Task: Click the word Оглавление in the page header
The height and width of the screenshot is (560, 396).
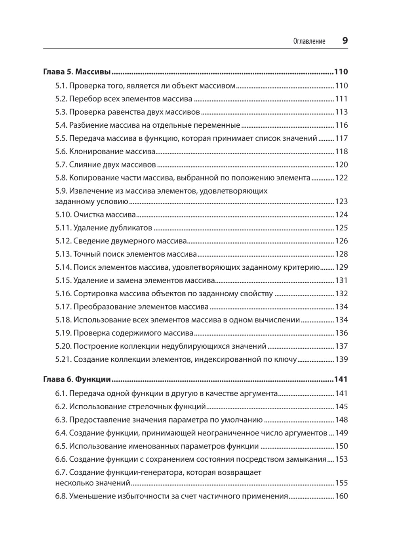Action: click(309, 41)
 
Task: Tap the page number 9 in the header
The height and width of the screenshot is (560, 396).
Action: click(345, 40)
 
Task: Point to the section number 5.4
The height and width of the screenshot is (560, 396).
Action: click(61, 125)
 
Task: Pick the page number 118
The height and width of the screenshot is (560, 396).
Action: click(341, 152)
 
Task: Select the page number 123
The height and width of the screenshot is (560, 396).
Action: click(341, 201)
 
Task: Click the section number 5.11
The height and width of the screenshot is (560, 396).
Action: click(63, 228)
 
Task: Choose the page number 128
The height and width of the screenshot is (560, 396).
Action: click(341, 254)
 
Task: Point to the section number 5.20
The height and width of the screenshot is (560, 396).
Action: click(63, 346)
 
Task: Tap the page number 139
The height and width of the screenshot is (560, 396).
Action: click(341, 359)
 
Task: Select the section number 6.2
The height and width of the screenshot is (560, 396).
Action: click(61, 407)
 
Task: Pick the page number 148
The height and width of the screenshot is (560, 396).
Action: click(341, 420)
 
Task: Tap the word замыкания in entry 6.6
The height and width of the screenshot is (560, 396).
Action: click(307, 459)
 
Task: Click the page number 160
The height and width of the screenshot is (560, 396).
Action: click(341, 496)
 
